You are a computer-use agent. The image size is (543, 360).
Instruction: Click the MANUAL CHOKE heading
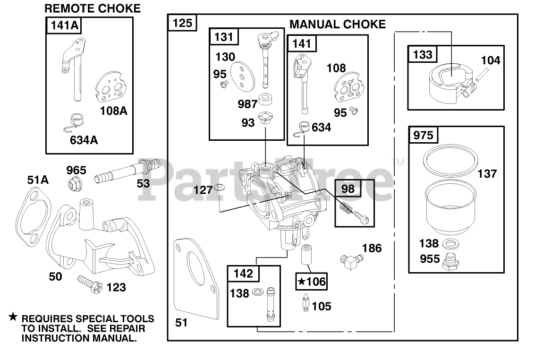point(337,24)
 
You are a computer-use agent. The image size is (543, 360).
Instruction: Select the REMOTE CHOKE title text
point(93,9)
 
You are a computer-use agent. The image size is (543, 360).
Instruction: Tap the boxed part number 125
point(182,23)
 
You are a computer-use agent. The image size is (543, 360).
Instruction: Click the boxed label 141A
point(65,26)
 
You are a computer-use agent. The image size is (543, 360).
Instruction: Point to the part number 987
point(247,104)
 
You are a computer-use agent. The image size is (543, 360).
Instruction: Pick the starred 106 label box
point(311,282)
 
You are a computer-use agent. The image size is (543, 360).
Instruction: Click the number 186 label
point(372,248)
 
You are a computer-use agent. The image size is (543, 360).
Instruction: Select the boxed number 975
point(423,135)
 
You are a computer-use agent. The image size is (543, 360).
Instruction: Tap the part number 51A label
point(38,180)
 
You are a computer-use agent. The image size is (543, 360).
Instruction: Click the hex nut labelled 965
point(75,183)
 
